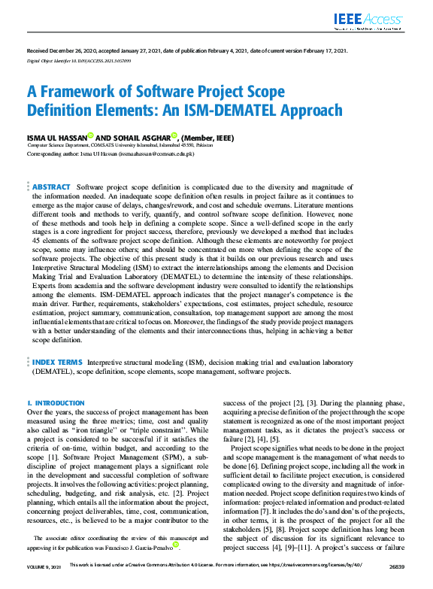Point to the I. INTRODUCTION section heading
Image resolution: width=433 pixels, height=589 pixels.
pyautogui.click(x=56, y=403)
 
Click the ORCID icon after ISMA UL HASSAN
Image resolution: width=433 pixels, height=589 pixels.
pyautogui.click(x=91, y=136)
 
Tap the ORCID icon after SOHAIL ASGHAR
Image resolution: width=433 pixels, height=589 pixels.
pyautogui.click(x=174, y=136)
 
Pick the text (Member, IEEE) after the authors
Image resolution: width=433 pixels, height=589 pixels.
pyautogui.click(x=207, y=138)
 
